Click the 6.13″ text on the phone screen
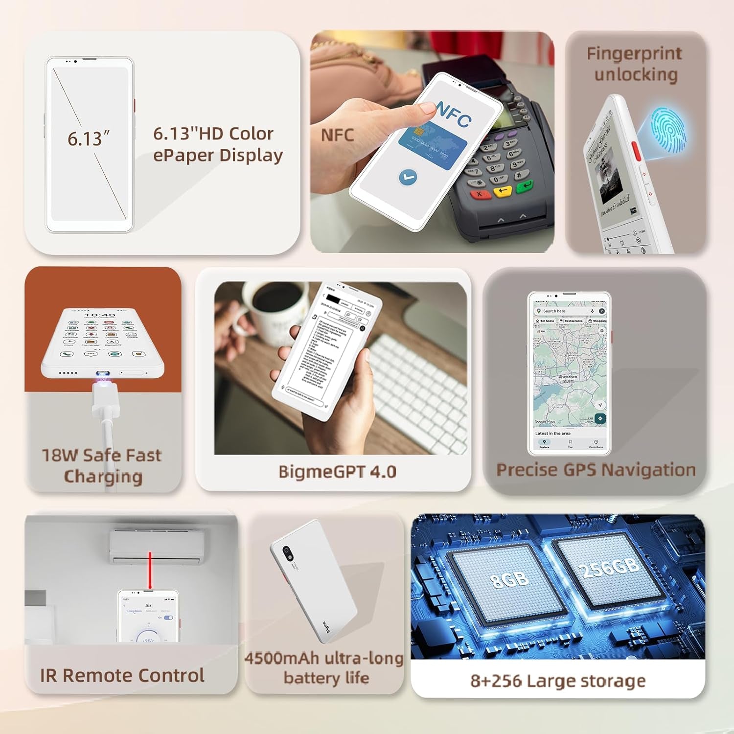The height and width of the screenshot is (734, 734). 88,139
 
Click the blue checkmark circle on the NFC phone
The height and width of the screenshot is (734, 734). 408,177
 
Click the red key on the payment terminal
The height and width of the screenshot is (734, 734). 480,194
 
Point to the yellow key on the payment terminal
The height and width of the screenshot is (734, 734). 503,190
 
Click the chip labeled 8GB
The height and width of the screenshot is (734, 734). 509,579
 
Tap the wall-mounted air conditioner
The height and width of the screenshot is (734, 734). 156,547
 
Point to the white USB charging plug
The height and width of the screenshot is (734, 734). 106,398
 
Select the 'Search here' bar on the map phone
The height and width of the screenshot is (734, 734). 563,311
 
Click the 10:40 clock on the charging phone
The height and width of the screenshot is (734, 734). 100,315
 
